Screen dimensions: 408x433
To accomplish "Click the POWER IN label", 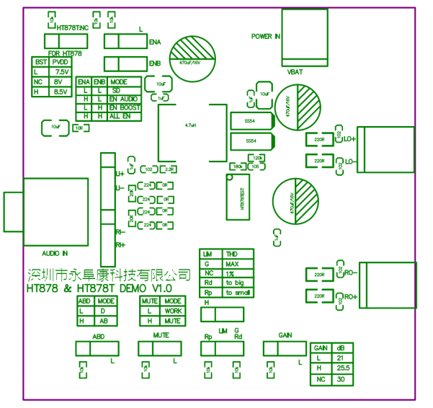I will pos(265,36).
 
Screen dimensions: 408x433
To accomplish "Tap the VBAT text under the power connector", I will pos(295,71).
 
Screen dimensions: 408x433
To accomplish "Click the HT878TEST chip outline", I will pos(242,198).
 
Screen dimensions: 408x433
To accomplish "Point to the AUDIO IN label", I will pos(55,253).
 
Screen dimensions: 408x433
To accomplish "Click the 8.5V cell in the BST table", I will pos(61,92).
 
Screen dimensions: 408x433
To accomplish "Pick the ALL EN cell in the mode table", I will pos(120,115).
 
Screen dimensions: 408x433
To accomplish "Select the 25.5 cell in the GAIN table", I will pos(343,368).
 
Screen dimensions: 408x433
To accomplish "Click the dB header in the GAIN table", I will pos(341,347).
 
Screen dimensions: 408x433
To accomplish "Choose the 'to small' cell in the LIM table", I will pos(238,293).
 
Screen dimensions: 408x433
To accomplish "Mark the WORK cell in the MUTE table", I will pos(174,311).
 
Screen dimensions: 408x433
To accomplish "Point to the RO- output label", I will pos(352,274).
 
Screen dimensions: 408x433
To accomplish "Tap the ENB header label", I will pos(99,82).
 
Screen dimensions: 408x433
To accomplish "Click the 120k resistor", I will pos(257,156).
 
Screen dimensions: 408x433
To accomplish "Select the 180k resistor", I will pos(238,167).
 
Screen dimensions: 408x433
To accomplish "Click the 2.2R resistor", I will pos(170,169).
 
